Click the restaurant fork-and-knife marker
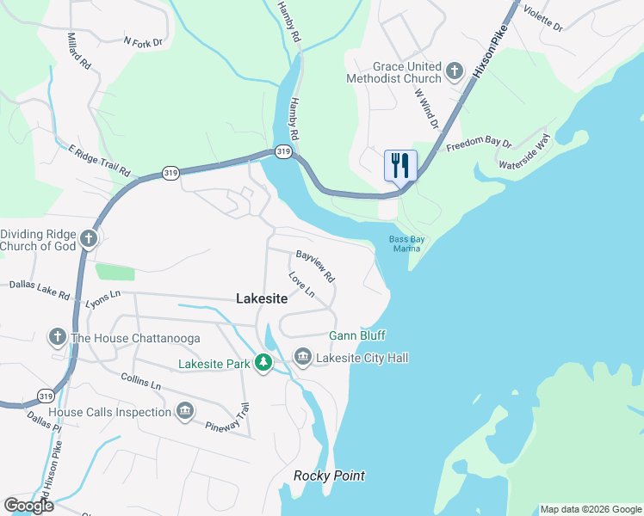(x=400, y=164)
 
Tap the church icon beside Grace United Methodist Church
(x=455, y=70)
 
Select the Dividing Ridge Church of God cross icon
(x=90, y=237)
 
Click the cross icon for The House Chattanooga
(x=58, y=336)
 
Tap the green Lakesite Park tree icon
(x=263, y=363)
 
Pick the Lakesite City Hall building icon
(x=302, y=356)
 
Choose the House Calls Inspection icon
(x=184, y=411)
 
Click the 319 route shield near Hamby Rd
(x=284, y=152)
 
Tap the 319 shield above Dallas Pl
(x=45, y=395)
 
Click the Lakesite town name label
(x=262, y=298)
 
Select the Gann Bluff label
(x=357, y=335)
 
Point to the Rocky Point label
(x=329, y=476)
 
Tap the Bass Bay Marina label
(x=405, y=244)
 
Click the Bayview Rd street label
(x=315, y=267)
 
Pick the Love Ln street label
(x=301, y=286)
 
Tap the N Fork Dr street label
(x=143, y=40)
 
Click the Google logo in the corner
(x=28, y=506)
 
